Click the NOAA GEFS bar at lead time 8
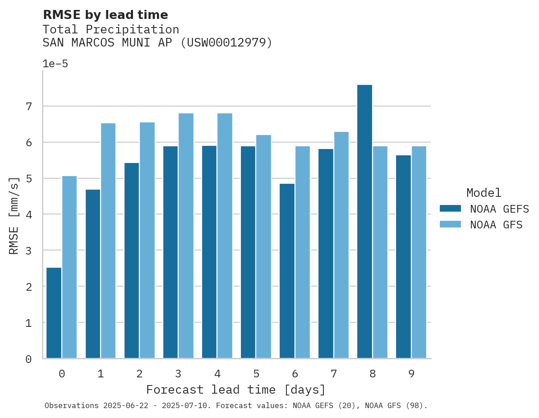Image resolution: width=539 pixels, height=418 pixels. click(x=364, y=222)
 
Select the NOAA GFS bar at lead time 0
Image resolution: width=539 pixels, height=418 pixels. click(x=69, y=267)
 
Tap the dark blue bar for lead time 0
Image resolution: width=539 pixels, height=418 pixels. click(x=54, y=313)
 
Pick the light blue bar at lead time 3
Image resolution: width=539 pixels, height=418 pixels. click(x=186, y=236)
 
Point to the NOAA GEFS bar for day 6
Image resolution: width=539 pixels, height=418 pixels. click(x=287, y=271)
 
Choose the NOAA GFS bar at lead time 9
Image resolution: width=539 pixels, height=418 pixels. click(x=419, y=252)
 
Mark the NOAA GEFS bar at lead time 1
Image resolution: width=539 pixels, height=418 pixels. click(x=93, y=274)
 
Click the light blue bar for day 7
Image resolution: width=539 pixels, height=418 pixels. click(x=341, y=245)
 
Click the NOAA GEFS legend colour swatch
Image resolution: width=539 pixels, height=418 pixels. click(x=450, y=209)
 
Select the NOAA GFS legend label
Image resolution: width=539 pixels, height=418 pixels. click(x=496, y=225)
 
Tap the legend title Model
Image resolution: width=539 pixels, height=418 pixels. click(x=484, y=193)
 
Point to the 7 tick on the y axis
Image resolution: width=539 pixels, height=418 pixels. click(x=28, y=107)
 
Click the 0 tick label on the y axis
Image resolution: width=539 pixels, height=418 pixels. click(x=28, y=359)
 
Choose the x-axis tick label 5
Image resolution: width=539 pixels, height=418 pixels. click(x=256, y=374)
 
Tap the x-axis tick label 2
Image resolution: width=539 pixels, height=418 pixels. click(x=139, y=374)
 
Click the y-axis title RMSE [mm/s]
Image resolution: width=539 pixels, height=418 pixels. click(x=14, y=215)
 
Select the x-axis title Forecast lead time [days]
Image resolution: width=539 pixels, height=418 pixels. click(x=236, y=390)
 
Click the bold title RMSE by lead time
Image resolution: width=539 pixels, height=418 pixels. click(x=105, y=15)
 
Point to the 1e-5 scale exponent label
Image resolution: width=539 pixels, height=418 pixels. click(x=55, y=64)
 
